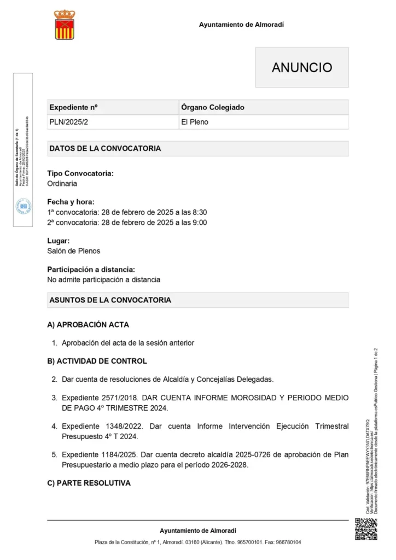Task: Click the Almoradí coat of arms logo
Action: pos(65,25)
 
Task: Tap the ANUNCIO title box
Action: pos(302,67)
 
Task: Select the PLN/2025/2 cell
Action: pos(68,122)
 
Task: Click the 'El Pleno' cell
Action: pos(195,122)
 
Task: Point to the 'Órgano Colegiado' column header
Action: pos(212,107)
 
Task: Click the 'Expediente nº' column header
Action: pos(73,107)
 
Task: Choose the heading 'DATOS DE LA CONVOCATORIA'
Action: pos(105,148)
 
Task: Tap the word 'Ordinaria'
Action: pos(62,184)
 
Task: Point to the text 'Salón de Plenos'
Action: pos(74,251)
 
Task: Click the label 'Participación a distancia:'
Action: pos(91,270)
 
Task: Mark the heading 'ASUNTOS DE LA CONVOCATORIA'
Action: pos(110,300)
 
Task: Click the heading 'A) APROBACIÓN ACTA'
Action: pos(88,325)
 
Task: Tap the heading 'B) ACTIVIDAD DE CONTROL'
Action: pos(97,361)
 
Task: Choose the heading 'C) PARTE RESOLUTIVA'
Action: pos(89,483)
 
